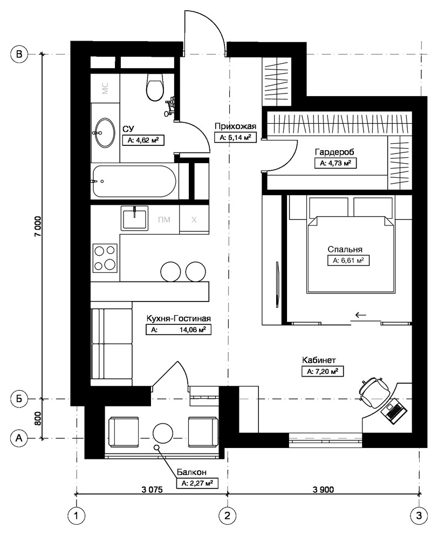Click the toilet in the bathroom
point(155,87)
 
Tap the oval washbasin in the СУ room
point(104,132)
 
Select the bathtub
point(134,181)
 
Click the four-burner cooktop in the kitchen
point(105,258)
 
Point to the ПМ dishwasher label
point(164,220)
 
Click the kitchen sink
point(134,218)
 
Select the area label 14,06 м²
point(193,330)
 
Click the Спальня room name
point(345,249)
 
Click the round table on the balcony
point(163,433)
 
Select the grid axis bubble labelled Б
point(19,398)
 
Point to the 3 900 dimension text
point(323,489)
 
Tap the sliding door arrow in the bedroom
point(360,315)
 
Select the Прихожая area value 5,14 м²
point(235,137)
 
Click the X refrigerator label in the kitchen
point(194,220)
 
